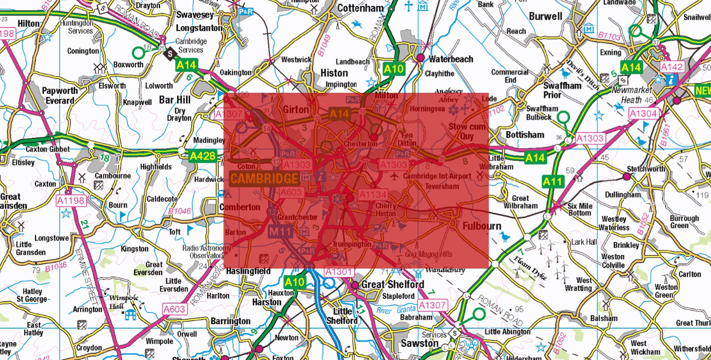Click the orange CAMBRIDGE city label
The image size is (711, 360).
pyautogui.click(x=264, y=179)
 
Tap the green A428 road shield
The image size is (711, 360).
pyautogui.click(x=202, y=157)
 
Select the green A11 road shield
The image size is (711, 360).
pyautogui.click(x=553, y=181)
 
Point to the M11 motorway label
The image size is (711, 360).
pyautogui.click(x=280, y=231)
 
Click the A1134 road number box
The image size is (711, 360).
pyautogui.click(x=373, y=194)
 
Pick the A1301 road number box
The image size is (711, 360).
pyautogui.click(x=339, y=272)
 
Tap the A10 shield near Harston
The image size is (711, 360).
pyautogui.click(x=295, y=282)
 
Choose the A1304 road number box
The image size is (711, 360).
pyautogui.click(x=643, y=114)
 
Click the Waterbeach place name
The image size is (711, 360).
pyautogui.click(x=451, y=59)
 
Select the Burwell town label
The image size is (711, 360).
pyautogui.click(x=545, y=16)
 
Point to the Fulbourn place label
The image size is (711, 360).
pyautogui.click(x=482, y=226)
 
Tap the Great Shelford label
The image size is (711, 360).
pyautogui.click(x=392, y=284)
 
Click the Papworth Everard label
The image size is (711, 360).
pyautogui.click(x=60, y=95)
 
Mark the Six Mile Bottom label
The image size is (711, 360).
pyautogui.click(x=579, y=209)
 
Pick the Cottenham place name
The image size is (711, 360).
pyautogui.click(x=360, y=8)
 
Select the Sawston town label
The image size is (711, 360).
pyautogui.click(x=420, y=343)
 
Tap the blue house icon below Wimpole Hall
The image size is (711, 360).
pyautogui.click(x=131, y=315)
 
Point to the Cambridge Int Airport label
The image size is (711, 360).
pyautogui.click(x=437, y=176)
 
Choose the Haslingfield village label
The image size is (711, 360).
pyautogui.click(x=248, y=271)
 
